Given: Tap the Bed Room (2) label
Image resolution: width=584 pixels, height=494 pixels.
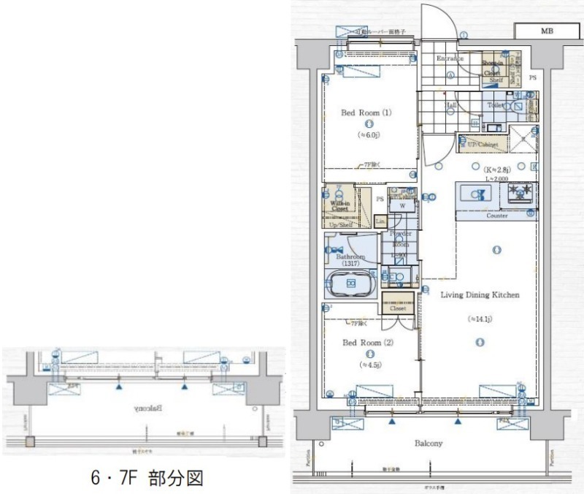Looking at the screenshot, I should point(367,341).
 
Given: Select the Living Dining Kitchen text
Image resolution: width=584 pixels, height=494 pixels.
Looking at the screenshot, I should point(480,294).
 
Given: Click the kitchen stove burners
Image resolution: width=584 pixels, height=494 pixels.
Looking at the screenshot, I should point(521,192).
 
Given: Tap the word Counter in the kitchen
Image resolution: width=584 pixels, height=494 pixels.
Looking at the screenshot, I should point(497,216).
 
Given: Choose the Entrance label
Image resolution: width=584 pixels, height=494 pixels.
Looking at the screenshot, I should point(450,58).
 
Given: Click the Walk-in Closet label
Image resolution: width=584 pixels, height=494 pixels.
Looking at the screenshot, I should point(339,206).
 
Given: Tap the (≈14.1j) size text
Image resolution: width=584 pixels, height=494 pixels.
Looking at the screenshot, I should point(480,319).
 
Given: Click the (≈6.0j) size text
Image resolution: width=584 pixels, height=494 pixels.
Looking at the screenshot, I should point(367,135).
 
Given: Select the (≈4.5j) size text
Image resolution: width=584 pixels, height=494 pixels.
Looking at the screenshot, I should point(367,364).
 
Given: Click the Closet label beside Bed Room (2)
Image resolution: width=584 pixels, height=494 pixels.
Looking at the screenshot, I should point(398,308).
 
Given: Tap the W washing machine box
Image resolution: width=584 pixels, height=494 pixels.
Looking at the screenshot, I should point(401,206).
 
